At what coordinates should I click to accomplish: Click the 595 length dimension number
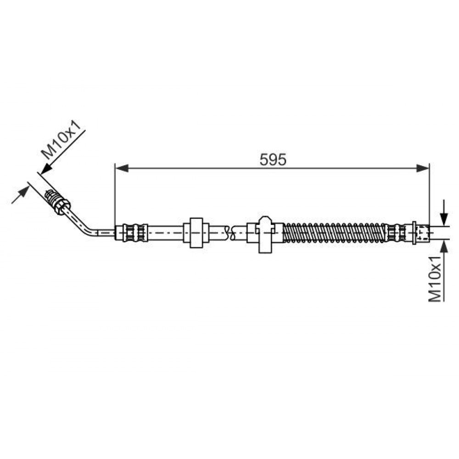coord(273,160)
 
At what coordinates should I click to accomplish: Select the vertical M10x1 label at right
coord(435,279)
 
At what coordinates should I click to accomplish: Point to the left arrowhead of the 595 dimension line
coord(122,168)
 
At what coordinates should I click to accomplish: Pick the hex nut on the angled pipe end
coord(63,206)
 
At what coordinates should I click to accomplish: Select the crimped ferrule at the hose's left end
coord(134,233)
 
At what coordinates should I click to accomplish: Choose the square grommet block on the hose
coord(196,232)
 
